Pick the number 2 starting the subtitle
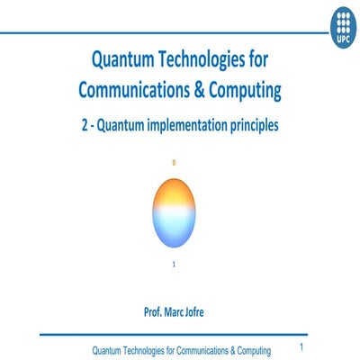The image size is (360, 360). tap(85, 127)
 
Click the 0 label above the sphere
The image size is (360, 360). tap(174, 162)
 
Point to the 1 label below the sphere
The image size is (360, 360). tap(174, 264)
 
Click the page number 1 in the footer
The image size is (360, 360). tap(301, 346)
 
